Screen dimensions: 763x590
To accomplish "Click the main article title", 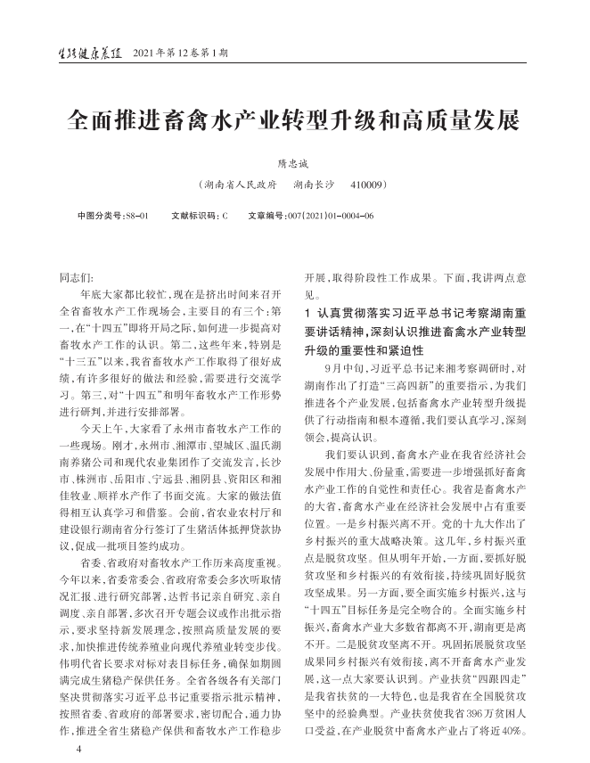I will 294,120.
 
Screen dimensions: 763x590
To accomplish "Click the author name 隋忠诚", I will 294,163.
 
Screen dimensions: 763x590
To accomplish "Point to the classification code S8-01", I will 135,216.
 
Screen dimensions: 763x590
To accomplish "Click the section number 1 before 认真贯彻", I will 307,313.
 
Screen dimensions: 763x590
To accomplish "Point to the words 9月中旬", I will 344,367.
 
